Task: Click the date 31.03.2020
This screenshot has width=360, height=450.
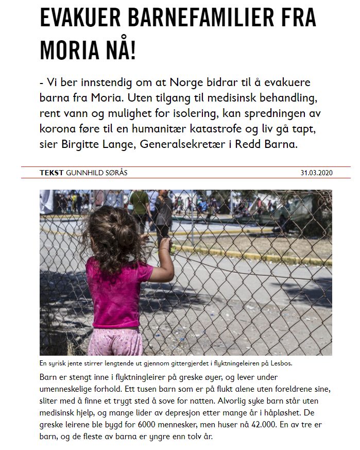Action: pyautogui.click(x=316, y=173)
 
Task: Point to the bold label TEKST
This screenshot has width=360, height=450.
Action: pyautogui.click(x=52, y=173)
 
